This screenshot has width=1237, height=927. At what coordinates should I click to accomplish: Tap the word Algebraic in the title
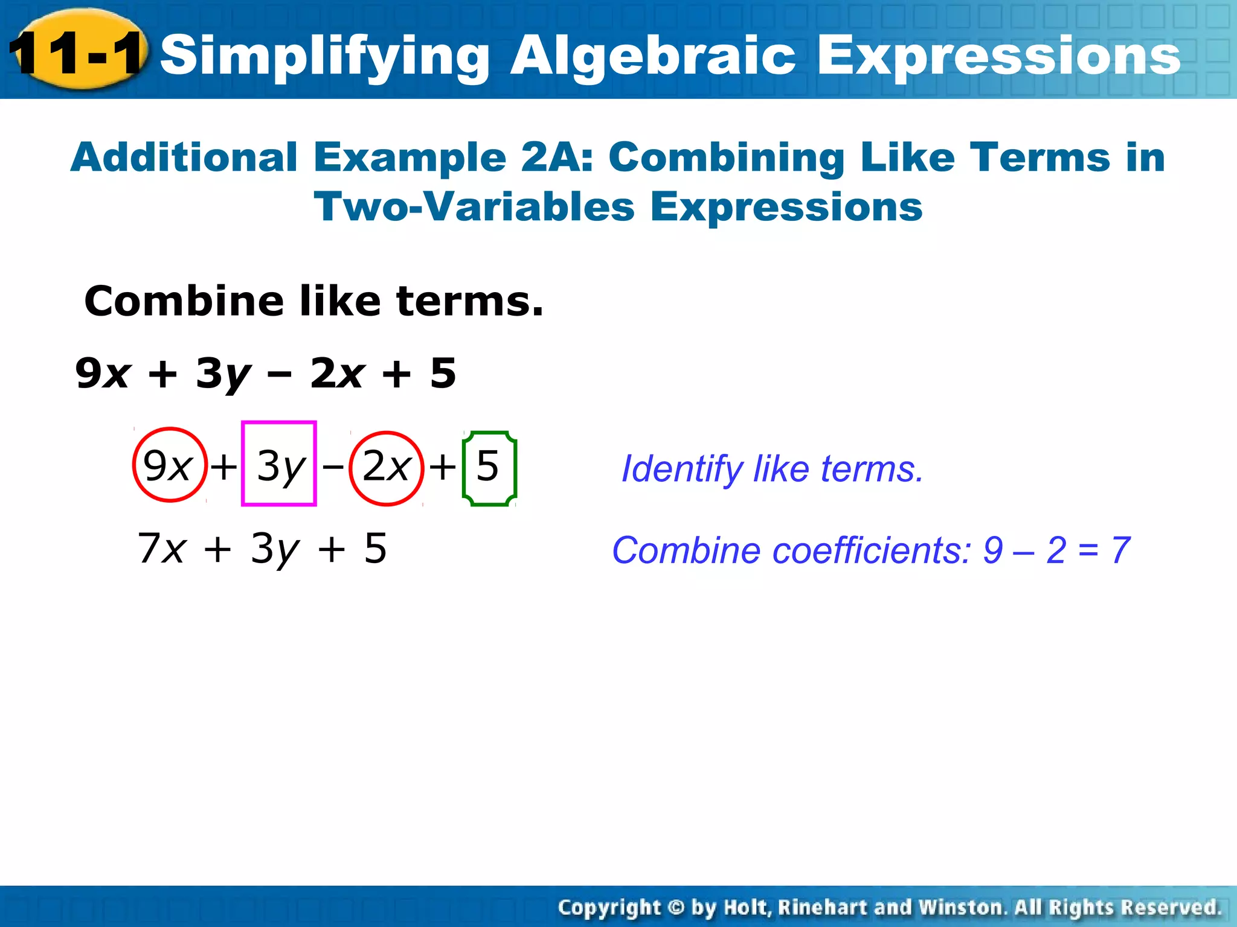(653, 56)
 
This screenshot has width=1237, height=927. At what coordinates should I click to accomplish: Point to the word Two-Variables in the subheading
(474, 207)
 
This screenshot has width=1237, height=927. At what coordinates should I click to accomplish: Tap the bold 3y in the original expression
(223, 374)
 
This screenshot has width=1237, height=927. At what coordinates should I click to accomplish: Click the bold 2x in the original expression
(337, 374)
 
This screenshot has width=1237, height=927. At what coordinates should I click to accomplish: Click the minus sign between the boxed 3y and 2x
(333, 467)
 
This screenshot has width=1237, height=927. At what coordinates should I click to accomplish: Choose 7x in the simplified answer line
(161, 549)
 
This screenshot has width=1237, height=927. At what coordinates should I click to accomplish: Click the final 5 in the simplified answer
(375, 549)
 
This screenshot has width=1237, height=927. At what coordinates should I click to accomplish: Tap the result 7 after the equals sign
(1120, 550)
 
